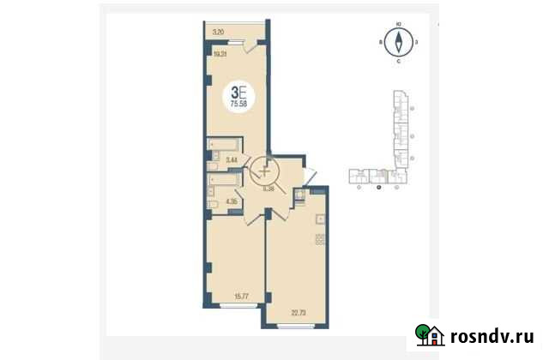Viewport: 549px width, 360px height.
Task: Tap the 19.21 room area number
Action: (220, 54)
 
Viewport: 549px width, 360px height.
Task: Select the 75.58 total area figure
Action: (239, 104)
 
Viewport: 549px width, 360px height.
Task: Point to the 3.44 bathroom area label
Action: (231, 159)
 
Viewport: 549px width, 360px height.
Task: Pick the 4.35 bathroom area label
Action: (231, 203)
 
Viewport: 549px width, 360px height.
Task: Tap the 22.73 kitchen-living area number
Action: (300, 315)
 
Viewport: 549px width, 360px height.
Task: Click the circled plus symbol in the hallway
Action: (264, 167)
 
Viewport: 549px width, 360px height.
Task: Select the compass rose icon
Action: (399, 40)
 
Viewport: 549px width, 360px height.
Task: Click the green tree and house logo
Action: (429, 334)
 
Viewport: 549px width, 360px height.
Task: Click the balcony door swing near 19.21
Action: (249, 49)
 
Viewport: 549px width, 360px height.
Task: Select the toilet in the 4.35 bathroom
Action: (213, 204)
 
